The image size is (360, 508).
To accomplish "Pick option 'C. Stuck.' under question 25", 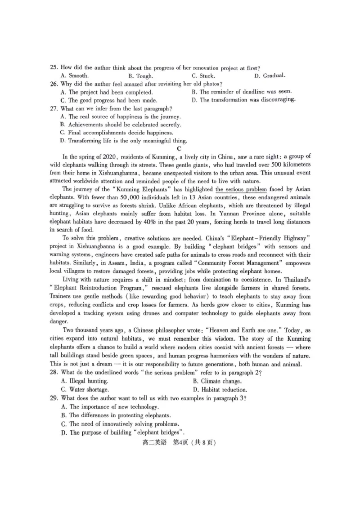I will [x=203, y=76].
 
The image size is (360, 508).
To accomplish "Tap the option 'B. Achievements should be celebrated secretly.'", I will [x=120, y=125].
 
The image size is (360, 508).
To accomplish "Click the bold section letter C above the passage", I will [x=179, y=148].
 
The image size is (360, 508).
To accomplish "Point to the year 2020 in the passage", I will [x=108, y=157].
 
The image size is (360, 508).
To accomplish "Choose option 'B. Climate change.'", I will [x=218, y=381].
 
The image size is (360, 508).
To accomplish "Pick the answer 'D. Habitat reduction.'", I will [x=220, y=390].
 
